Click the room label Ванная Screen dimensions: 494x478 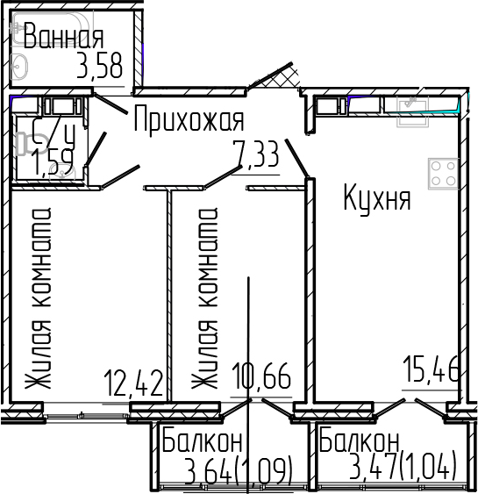pyautogui.click(x=63, y=38)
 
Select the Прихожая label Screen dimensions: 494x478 pyautogui.click(x=189, y=119)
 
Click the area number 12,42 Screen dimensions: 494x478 pyautogui.click(x=133, y=383)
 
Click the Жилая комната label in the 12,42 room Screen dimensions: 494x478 pyautogui.click(x=40, y=298)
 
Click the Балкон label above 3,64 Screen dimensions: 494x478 pyautogui.click(x=203, y=442)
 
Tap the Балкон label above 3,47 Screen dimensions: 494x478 pyautogui.click(x=360, y=440)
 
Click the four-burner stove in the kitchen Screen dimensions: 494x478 pyautogui.click(x=441, y=173)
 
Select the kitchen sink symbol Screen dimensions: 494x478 pyautogui.click(x=410, y=105)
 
